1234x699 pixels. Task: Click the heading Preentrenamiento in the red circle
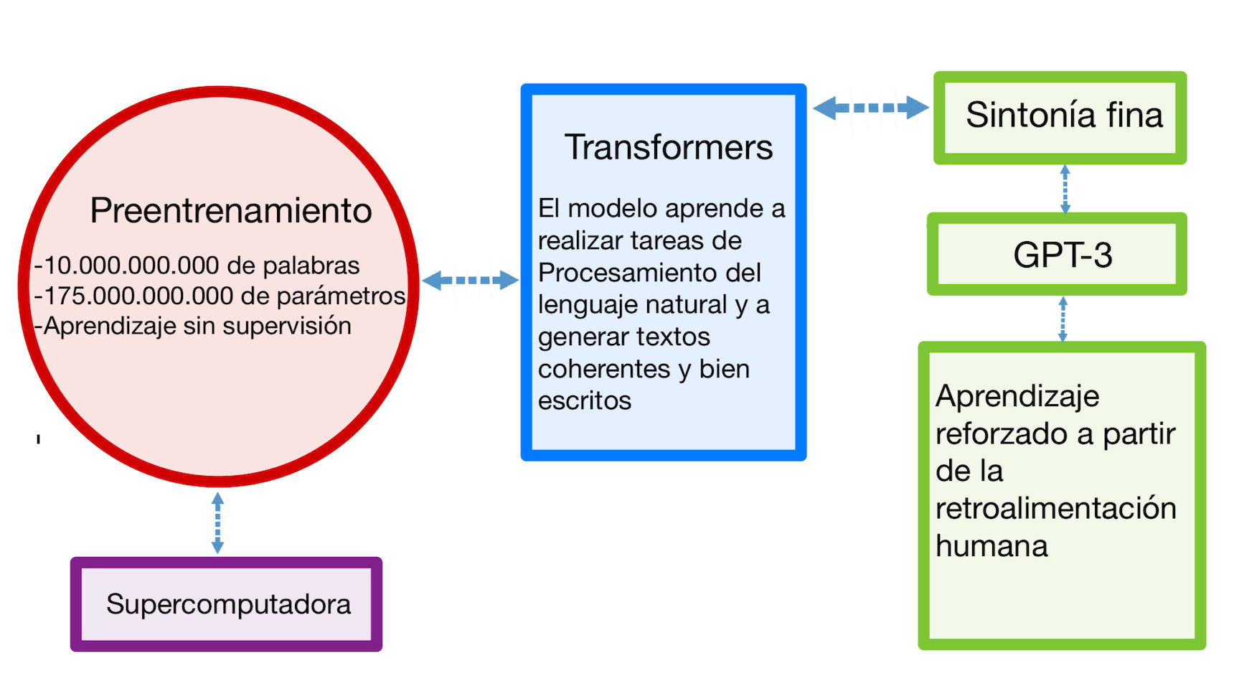[x=231, y=211]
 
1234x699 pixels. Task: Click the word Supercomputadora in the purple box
[x=228, y=604]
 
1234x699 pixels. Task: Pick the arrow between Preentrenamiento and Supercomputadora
[x=218, y=522]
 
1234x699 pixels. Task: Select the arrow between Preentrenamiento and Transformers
[x=470, y=280]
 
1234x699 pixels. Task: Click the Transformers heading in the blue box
[x=668, y=147]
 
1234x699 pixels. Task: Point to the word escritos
[x=585, y=400]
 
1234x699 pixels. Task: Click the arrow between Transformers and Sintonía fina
[x=870, y=108]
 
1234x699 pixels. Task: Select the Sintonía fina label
[x=1064, y=115]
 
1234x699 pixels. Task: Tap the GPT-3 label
[x=1063, y=255]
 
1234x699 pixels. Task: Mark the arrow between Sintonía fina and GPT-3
[x=1065, y=189]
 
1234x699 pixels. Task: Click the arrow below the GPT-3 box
[x=1063, y=319]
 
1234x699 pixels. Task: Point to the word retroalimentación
[x=1056, y=509]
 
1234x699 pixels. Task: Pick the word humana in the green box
[x=992, y=546]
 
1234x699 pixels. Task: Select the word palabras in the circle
[x=311, y=266]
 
